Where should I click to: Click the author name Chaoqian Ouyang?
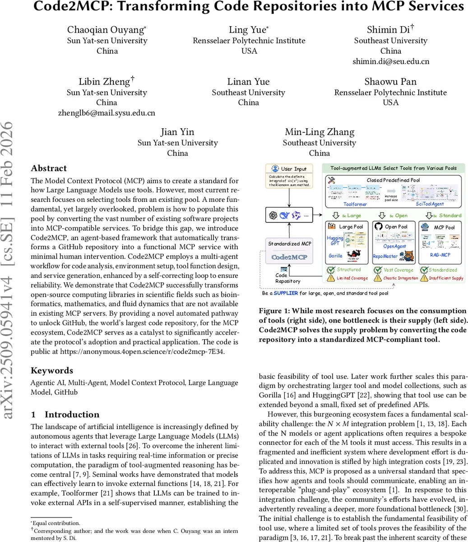click(106, 30)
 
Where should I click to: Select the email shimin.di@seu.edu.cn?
click(390, 61)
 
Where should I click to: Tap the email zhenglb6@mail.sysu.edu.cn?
click(107, 113)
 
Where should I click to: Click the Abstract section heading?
click(48, 168)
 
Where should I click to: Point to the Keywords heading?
click(51, 370)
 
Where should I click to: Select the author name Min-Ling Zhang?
click(319, 132)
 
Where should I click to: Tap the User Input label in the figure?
click(293, 168)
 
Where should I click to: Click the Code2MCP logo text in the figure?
click(289, 257)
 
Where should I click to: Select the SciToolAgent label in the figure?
click(430, 204)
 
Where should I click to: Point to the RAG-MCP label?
click(440, 255)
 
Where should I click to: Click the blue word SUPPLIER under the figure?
click(286, 293)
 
